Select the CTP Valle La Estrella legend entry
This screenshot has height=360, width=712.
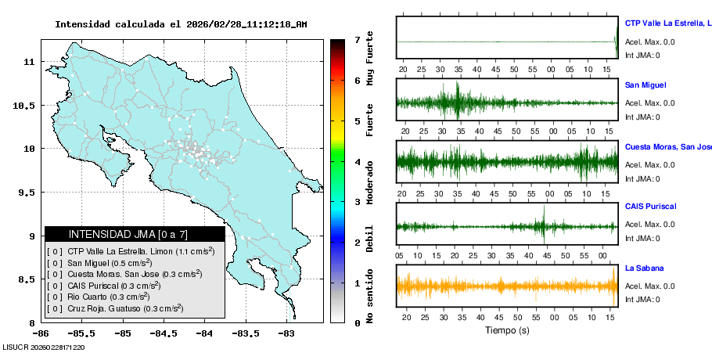pos(137,252)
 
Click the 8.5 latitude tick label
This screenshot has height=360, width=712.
pos(28,279)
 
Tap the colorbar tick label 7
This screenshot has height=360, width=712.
pos(357,39)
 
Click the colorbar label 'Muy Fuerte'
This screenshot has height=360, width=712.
pos(370,59)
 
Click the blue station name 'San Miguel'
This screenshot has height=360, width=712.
pos(645,85)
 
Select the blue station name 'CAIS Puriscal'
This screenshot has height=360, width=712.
pos(650,207)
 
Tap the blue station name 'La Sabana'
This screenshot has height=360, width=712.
pos(644,268)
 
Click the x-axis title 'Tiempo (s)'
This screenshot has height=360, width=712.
pos(507,330)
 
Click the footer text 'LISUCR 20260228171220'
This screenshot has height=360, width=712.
pos(44,347)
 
